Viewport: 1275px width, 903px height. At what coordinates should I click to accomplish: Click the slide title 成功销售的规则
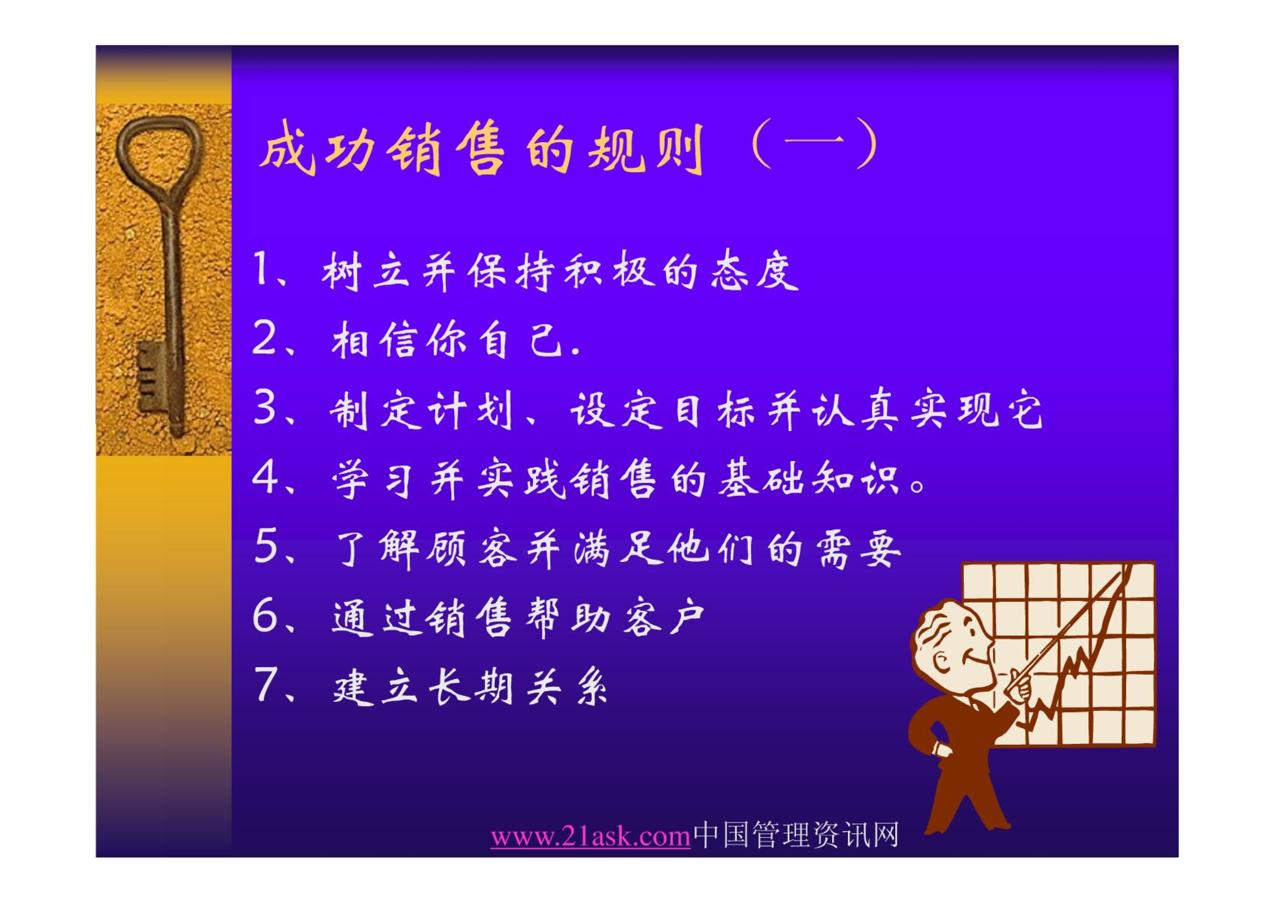(x=482, y=148)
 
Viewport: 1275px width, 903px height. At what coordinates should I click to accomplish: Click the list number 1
(x=262, y=269)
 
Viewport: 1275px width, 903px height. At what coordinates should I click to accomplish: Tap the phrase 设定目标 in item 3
(x=662, y=409)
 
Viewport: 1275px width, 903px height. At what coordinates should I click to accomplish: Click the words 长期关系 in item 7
(x=517, y=687)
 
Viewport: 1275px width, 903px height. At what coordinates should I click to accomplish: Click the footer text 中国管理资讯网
(x=796, y=834)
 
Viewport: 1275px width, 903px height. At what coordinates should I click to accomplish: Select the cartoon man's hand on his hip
(x=941, y=749)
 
